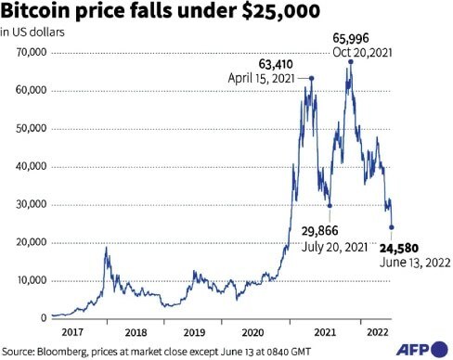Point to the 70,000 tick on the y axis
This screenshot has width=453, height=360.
(x=27, y=53)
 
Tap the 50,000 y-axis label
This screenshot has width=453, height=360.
(x=27, y=129)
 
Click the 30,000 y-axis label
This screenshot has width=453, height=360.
(x=27, y=205)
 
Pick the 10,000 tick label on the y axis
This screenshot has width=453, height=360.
(x=27, y=281)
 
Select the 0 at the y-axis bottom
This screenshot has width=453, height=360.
(x=41, y=318)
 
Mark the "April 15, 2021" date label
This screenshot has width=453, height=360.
(x=261, y=80)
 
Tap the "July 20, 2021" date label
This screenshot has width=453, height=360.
(x=327, y=247)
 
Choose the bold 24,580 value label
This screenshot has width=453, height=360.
(x=398, y=247)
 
